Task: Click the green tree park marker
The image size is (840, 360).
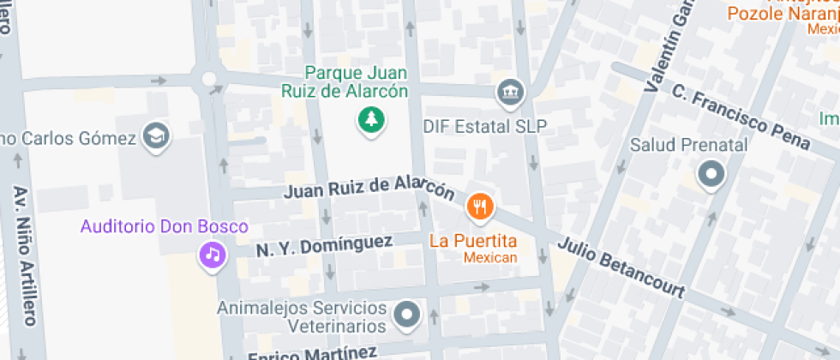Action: [371, 120]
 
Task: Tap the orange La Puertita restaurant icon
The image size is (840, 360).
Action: [479, 207]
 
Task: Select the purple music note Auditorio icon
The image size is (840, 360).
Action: [212, 254]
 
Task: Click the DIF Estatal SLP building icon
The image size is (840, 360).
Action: [511, 91]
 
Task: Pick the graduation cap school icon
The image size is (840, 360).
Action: [157, 135]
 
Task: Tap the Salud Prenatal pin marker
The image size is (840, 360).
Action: [711, 177]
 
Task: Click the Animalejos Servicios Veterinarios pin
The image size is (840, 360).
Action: [407, 315]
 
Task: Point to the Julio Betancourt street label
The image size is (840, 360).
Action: [621, 267]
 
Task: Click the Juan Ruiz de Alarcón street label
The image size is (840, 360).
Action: [369, 187]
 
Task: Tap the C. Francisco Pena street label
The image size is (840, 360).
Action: [741, 117]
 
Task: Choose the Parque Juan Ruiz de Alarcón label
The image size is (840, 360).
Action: [345, 81]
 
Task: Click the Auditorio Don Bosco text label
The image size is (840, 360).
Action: [164, 227]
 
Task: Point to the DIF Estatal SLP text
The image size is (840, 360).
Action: [484, 126]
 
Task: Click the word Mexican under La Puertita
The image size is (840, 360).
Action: [490, 257]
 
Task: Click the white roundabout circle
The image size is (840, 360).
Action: [208, 80]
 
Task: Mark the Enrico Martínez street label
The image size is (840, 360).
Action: [313, 353]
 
